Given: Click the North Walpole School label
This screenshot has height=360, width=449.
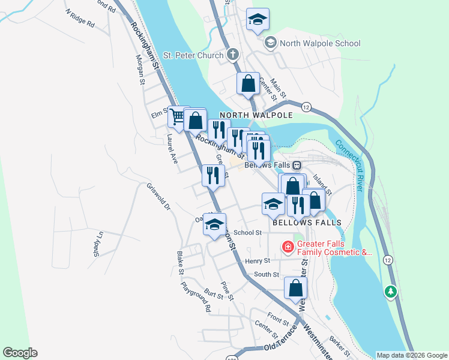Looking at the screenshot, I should coord(319,43).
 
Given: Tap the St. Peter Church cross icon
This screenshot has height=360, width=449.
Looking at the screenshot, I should coord(234,55).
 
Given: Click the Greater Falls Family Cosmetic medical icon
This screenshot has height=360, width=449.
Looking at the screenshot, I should coord(288,246).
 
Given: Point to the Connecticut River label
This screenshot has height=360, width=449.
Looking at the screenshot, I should coord(349,165).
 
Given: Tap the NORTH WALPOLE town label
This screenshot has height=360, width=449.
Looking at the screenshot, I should coord(256,115).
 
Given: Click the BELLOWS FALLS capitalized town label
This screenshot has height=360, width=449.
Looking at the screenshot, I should coord(307,222).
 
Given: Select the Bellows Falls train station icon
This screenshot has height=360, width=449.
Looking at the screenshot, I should coord(297,165).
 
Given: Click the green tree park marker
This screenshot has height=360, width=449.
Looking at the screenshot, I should coord(391,292).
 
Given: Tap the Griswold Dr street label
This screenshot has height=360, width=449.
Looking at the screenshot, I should coord(159,197).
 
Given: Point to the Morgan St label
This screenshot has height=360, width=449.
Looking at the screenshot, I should coord(141,69).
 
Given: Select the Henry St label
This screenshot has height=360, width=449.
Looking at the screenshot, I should coord(259,261).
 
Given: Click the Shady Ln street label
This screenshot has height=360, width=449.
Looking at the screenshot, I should coord(96,244).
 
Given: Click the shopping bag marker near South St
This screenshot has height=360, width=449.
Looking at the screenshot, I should coord(295,288).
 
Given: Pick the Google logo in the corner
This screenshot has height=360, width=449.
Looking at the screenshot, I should coord(20,353).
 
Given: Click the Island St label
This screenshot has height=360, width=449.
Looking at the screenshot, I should coord(324,178).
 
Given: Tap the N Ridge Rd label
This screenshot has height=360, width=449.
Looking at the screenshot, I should coord(81,19).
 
